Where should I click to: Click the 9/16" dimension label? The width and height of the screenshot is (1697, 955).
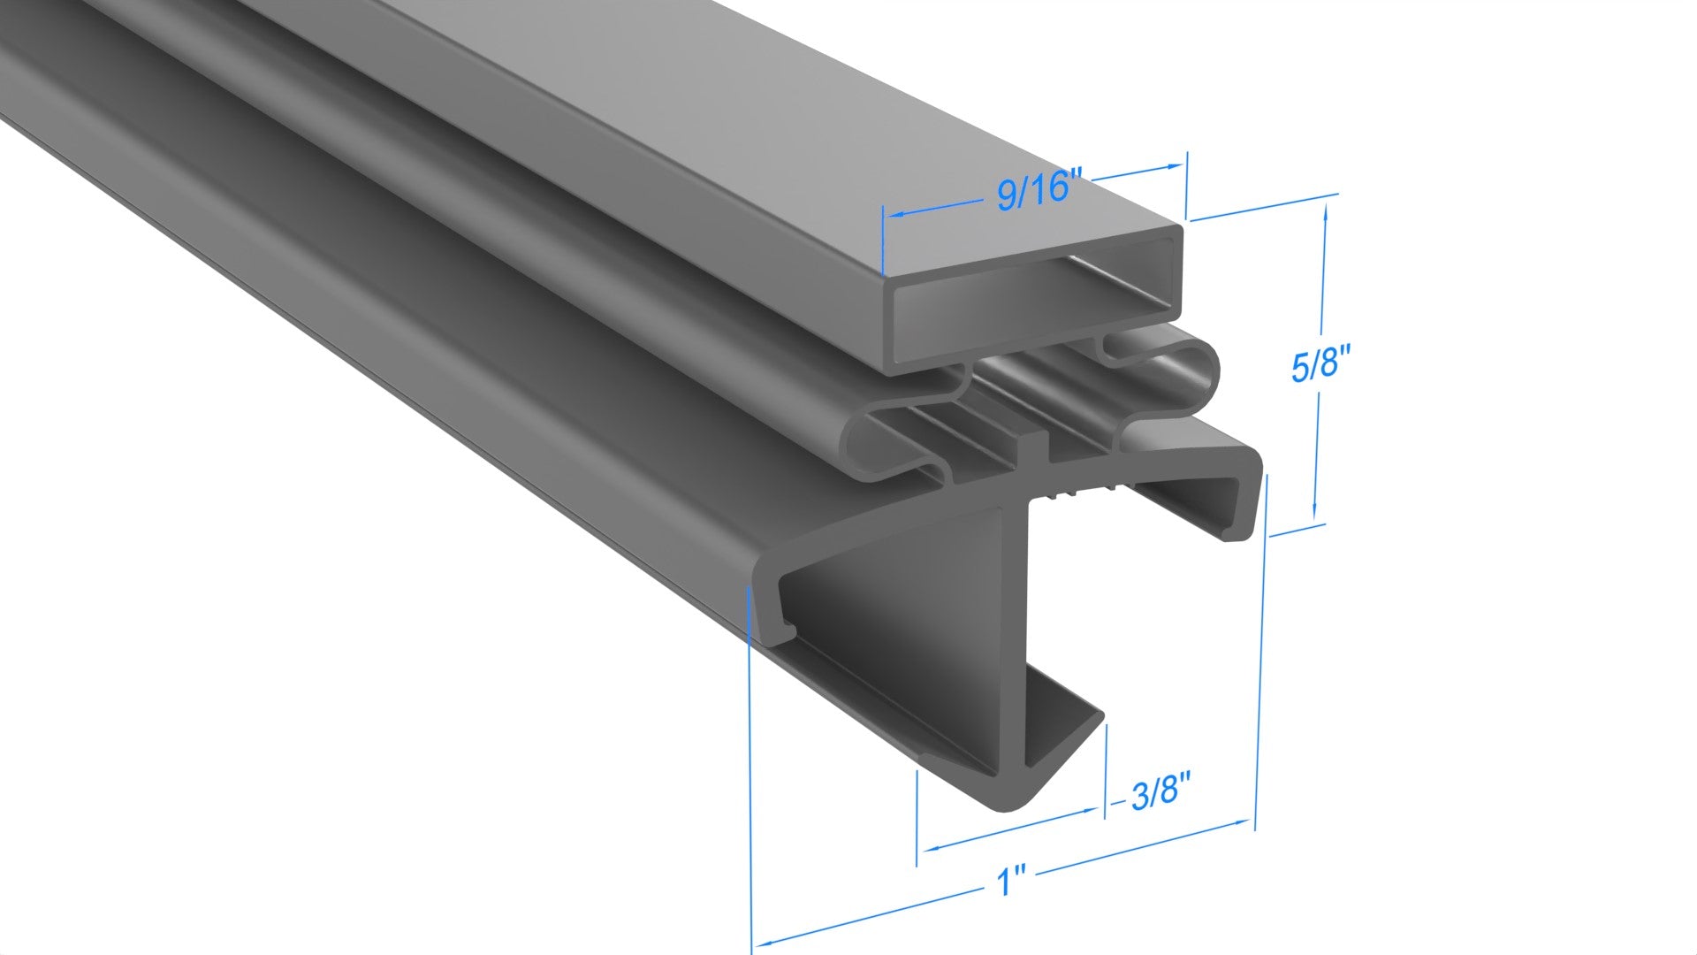[1039, 191]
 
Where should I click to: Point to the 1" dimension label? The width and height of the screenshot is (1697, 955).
[1010, 882]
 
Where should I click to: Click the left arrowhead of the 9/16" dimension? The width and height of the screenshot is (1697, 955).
[893, 215]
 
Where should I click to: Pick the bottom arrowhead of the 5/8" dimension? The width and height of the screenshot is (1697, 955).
[1315, 513]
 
